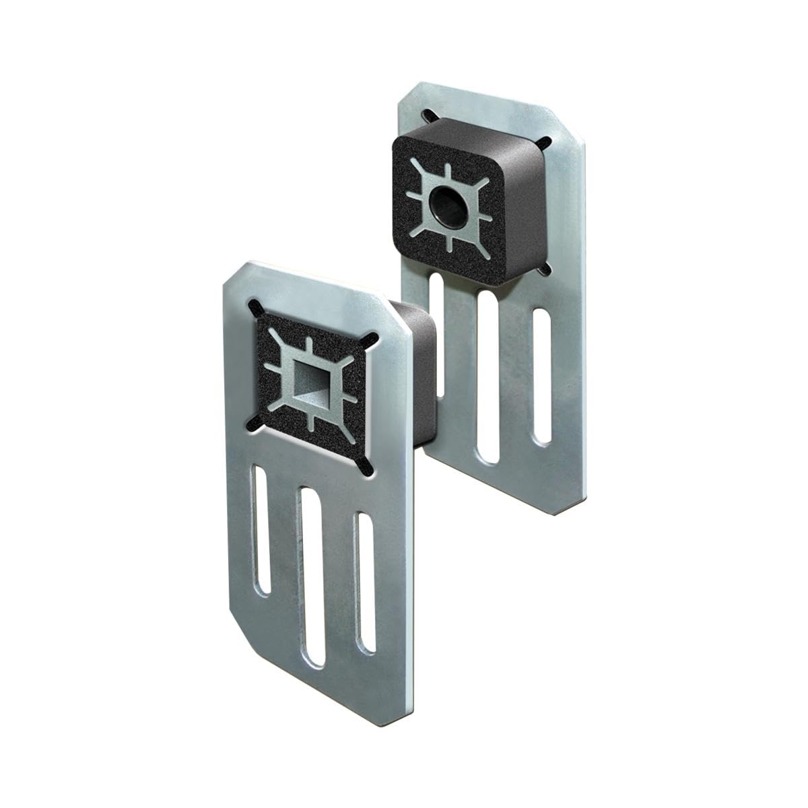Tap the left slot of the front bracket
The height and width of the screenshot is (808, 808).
click(264, 532)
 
